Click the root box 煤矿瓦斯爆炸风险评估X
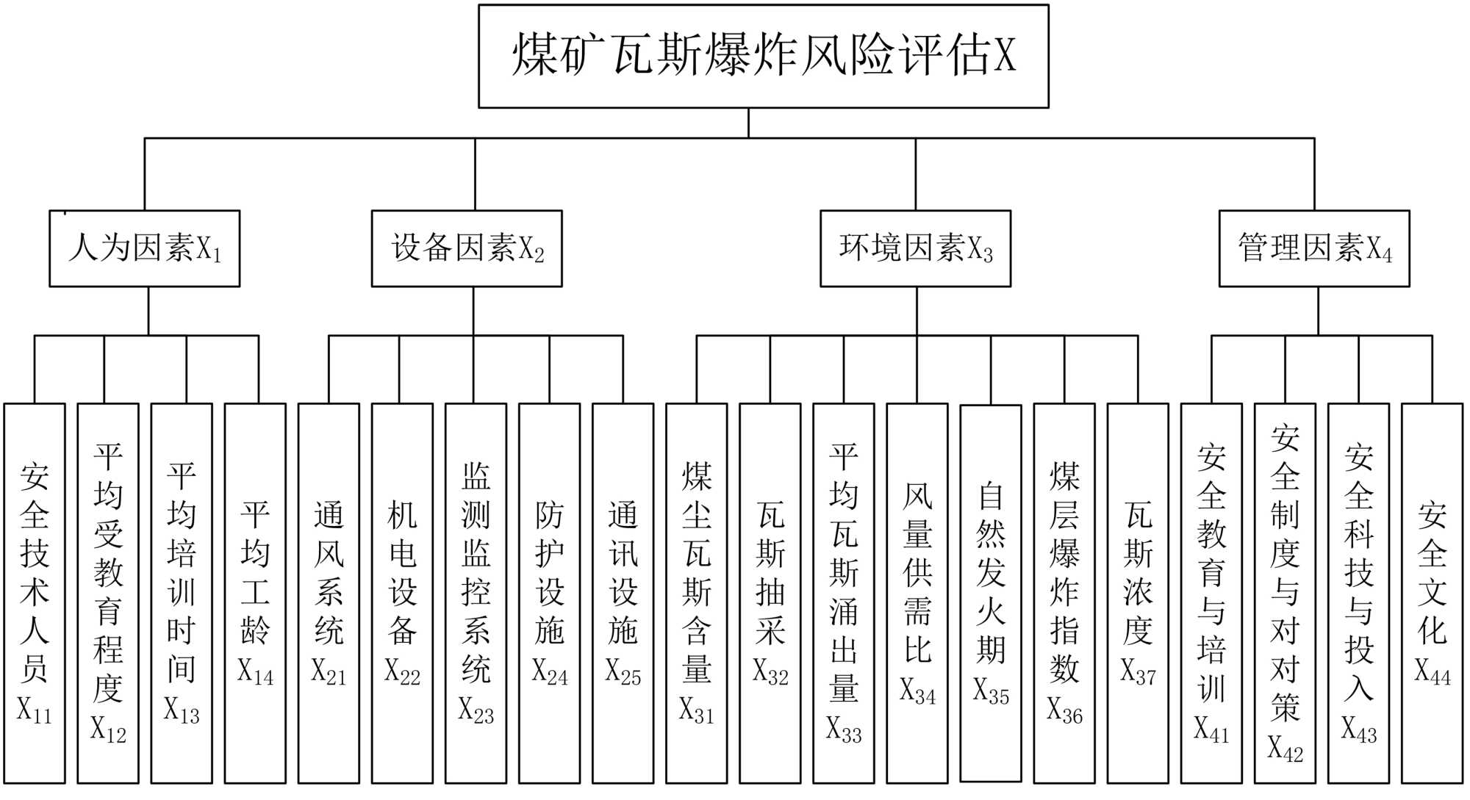tap(763, 57)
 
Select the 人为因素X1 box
tap(145, 248)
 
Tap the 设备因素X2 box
tap(467, 248)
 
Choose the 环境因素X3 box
tap(915, 248)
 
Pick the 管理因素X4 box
tap(1314, 248)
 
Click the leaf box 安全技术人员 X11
tap(35, 593)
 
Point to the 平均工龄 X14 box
tap(255, 593)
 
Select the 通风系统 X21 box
tap(329, 593)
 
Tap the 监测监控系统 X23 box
tap(476, 593)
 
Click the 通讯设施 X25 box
tap(623, 593)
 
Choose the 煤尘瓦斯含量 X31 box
tap(696, 593)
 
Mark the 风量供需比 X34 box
tap(917, 593)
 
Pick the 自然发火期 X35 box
tap(991, 593)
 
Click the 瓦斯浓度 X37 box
tap(1138, 593)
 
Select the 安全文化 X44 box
tap(1432, 593)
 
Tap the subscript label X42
tap(1285, 748)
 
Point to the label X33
tap(844, 729)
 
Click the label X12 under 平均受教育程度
tap(108, 729)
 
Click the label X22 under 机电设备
tap(402, 672)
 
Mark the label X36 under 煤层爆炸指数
tap(1064, 710)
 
